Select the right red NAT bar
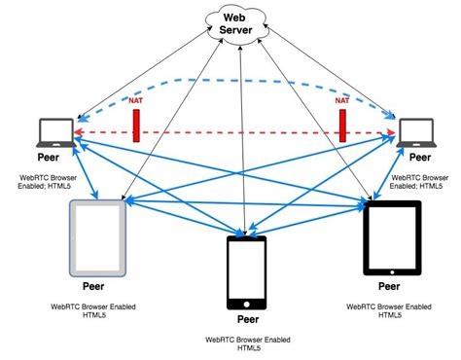point(343,125)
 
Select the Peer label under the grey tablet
point(94,288)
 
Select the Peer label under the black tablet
point(388,287)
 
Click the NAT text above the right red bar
point(342,100)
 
